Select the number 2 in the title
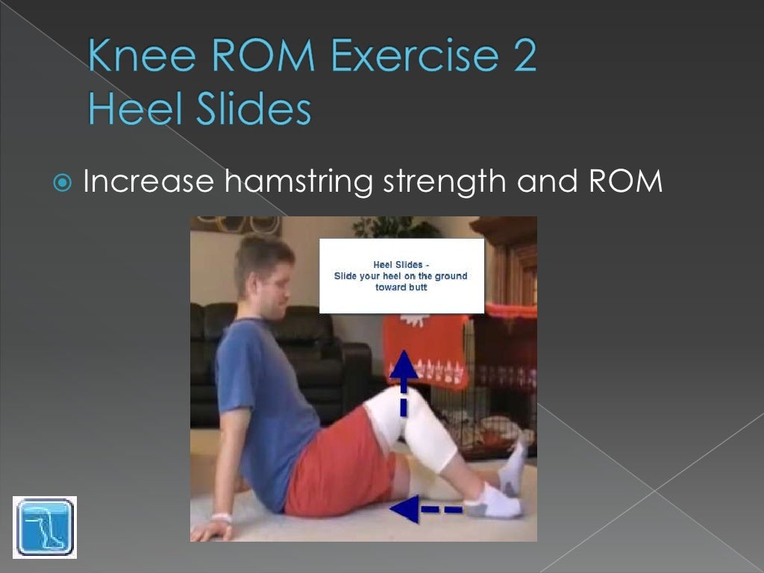coord(522,58)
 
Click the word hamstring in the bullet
coord(298,181)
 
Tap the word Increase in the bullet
coord(148,181)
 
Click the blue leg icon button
coord(45,527)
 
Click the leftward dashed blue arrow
coord(426,510)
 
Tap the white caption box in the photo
coord(401,275)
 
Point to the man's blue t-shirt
coord(261,403)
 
